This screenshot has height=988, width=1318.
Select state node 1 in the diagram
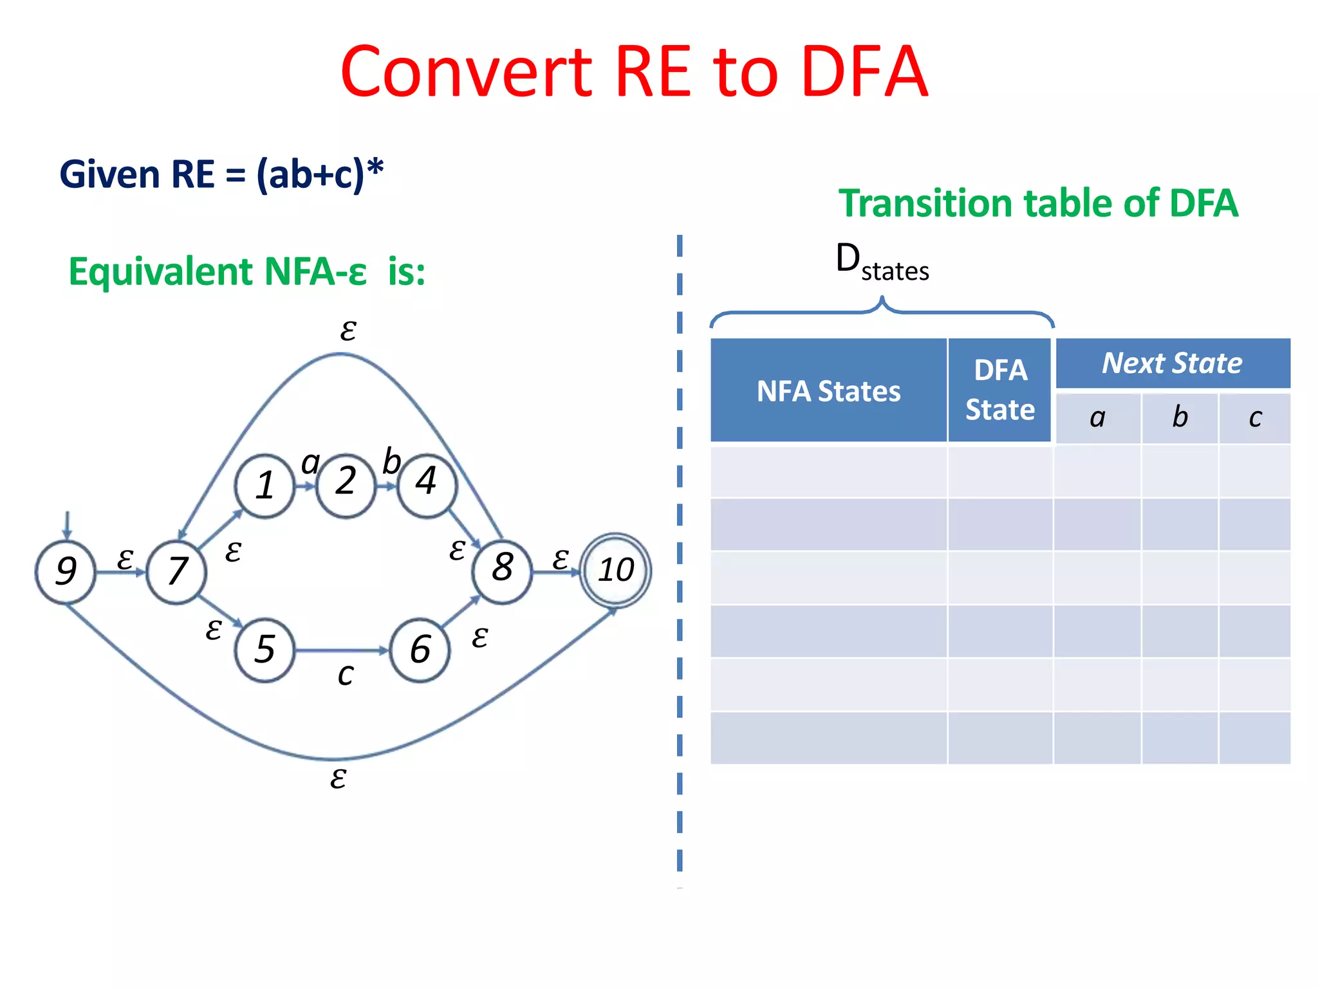(265, 486)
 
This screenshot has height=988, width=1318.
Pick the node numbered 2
(346, 483)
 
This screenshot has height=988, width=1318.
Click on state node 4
(427, 483)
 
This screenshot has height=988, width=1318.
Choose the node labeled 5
(265, 650)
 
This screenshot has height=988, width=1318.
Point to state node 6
(420, 650)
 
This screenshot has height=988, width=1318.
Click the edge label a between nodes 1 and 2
(310, 462)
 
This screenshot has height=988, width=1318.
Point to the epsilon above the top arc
(348, 330)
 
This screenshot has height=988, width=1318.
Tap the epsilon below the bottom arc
(338, 778)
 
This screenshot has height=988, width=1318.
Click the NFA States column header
(828, 390)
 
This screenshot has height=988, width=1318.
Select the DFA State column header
(999, 390)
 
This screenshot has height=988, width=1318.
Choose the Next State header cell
(1172, 363)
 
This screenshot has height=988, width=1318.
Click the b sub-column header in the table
(1180, 417)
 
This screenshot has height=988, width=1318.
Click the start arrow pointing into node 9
(67, 525)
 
